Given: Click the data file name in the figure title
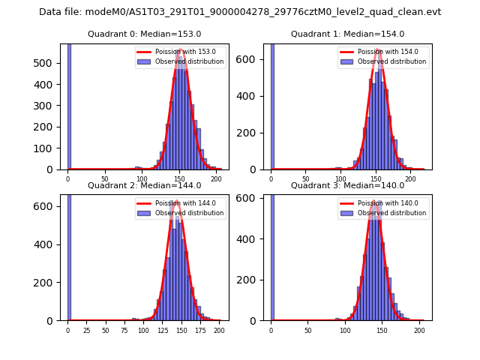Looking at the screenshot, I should point(240,12).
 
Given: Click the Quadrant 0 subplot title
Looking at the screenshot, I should point(144,34).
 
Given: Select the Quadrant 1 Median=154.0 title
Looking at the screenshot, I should point(347,34).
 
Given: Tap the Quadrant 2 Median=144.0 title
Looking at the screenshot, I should point(144,185).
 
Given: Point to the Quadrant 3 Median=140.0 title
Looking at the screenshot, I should point(347,185).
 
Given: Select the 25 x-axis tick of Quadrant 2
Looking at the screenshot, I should point(86,330).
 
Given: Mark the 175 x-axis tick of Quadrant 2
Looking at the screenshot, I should point(200,330).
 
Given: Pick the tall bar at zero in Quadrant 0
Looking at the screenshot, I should point(69,105).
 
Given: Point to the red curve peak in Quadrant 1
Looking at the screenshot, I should point(379,51).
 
